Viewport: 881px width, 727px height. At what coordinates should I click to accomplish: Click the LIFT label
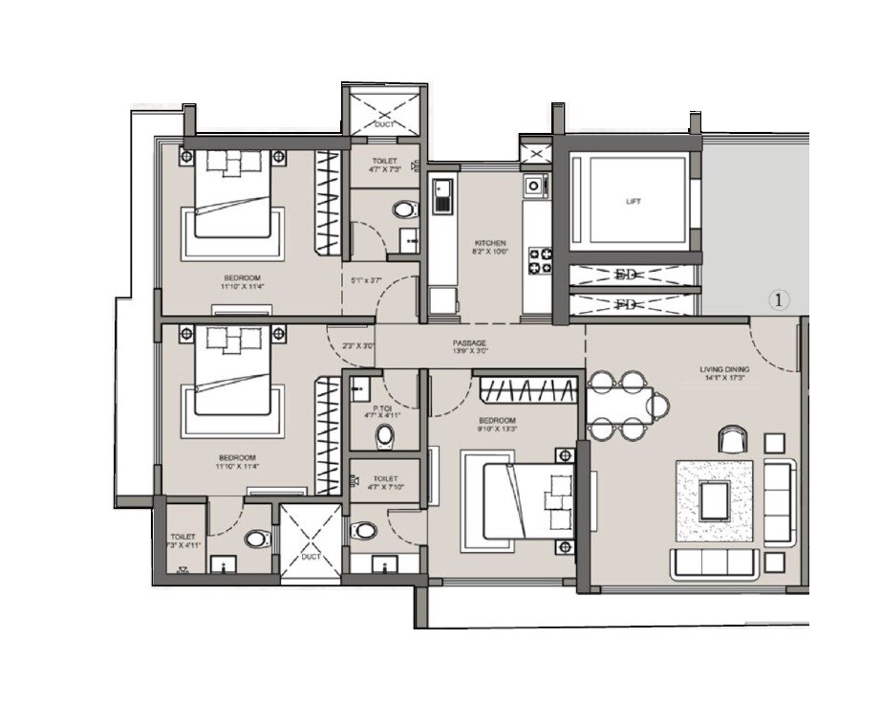(x=634, y=202)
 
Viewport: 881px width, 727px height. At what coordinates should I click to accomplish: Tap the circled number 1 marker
(x=779, y=300)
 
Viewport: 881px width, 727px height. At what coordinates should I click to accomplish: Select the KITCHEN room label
(x=490, y=244)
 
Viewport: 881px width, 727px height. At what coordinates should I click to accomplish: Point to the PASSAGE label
(x=469, y=341)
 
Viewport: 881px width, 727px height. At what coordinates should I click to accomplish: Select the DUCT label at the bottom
(x=311, y=555)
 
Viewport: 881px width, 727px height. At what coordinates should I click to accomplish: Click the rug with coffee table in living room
(x=715, y=500)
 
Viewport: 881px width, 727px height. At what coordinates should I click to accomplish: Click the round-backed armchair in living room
(x=732, y=439)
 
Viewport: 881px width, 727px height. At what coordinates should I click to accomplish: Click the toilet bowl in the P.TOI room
(x=385, y=436)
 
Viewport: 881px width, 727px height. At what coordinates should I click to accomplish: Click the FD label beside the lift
(x=626, y=304)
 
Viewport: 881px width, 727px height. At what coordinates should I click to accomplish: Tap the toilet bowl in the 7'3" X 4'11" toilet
(x=256, y=540)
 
